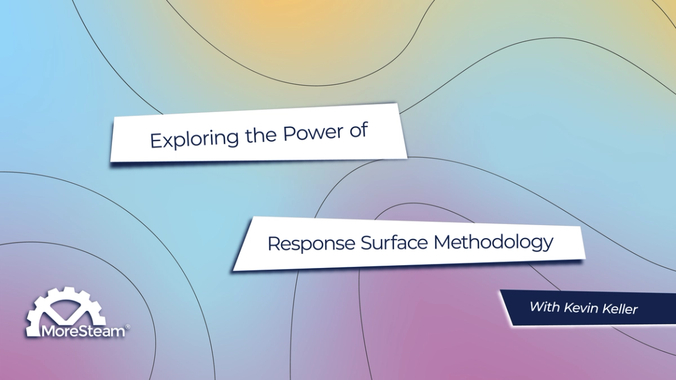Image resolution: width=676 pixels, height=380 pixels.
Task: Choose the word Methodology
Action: click(x=494, y=241)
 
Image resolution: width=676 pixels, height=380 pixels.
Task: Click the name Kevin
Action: click(x=583, y=307)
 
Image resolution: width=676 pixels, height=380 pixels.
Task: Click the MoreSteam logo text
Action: click(x=83, y=331)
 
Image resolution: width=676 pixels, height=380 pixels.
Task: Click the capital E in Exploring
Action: click(x=155, y=141)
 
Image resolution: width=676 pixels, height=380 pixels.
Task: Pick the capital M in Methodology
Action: click(x=442, y=241)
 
